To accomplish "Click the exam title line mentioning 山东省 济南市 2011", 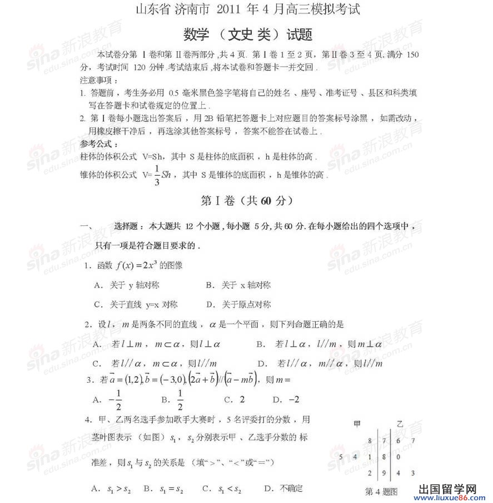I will pyautogui.click(x=247, y=9).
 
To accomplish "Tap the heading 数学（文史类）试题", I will pyautogui.click(x=248, y=35).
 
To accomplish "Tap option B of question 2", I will pyautogui.click(x=319, y=344).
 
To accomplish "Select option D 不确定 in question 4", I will pyautogui.click(x=283, y=489).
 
